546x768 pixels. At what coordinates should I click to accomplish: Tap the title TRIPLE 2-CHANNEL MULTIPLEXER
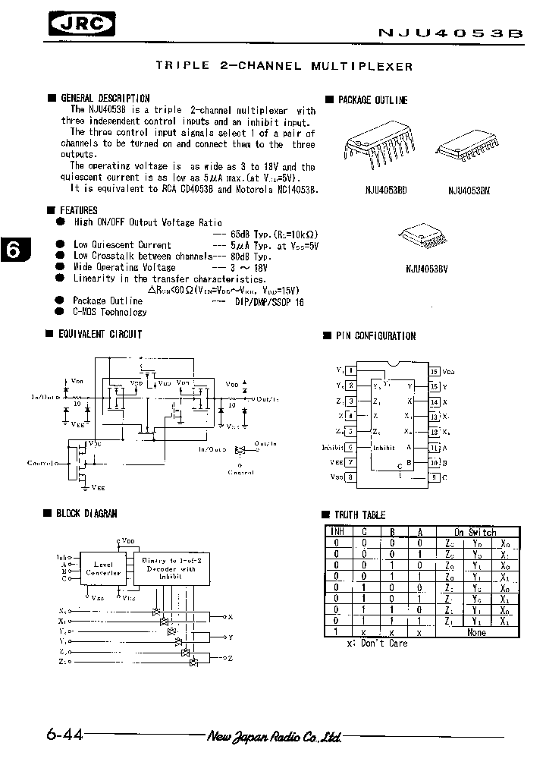(284, 66)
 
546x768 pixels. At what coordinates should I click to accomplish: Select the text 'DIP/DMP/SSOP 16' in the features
(264, 301)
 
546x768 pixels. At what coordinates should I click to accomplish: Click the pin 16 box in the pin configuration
(435, 372)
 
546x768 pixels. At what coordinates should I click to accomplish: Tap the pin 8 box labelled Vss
(350, 477)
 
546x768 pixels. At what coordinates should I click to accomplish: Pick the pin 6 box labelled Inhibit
(350, 448)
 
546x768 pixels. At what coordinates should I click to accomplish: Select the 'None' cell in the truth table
(476, 631)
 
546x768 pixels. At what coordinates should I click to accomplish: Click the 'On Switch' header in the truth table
(476, 532)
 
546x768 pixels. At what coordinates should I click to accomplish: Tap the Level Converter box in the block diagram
(102, 568)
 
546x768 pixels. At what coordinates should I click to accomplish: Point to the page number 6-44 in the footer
(63, 735)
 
